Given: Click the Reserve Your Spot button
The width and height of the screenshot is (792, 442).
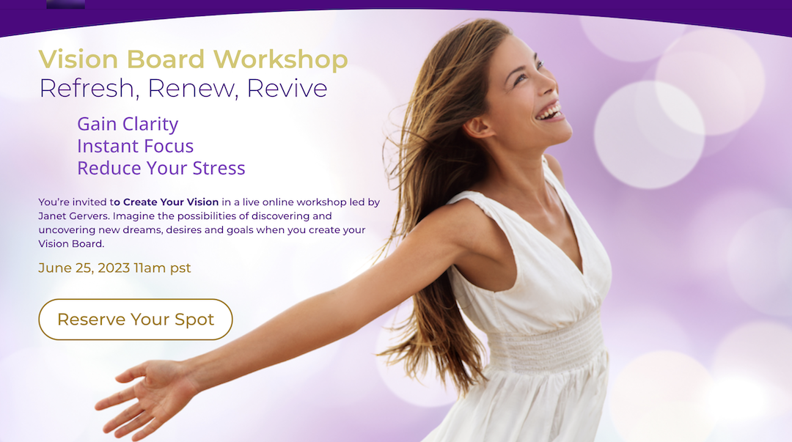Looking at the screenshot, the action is (x=136, y=320).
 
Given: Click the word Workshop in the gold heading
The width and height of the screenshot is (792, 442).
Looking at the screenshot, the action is (x=280, y=59).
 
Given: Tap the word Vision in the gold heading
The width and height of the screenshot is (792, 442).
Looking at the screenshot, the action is (x=78, y=59).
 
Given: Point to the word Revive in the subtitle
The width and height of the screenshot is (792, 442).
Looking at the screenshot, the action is (x=287, y=89).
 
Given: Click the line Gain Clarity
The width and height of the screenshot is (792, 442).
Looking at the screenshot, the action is (x=128, y=125).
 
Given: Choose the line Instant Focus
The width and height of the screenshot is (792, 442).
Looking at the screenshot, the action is (x=136, y=146).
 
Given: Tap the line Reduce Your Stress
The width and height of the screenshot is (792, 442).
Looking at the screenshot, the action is (x=161, y=168).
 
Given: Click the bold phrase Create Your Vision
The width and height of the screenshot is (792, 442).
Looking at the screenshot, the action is (x=171, y=202).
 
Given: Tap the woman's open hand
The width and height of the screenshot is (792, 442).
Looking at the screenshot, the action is (x=144, y=397).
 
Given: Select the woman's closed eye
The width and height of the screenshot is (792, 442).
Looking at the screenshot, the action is (x=521, y=77).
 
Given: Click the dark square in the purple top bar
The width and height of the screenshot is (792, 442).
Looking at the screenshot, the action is (x=66, y=4).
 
